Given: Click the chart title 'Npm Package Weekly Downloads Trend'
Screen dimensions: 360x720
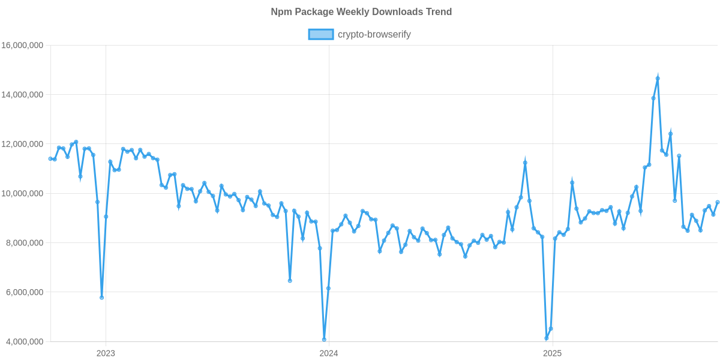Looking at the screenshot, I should point(361,12).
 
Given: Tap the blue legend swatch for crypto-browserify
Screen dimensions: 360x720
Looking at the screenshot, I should point(320,35).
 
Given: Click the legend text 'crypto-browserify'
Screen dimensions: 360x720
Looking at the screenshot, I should point(374,35).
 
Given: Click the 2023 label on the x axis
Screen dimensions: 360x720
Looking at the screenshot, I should point(106,353).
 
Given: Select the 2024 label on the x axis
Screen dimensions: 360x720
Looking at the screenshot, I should point(328,353).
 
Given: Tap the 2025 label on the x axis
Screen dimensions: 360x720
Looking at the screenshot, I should point(552,353).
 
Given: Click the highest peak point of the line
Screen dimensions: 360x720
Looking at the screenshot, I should point(658,77).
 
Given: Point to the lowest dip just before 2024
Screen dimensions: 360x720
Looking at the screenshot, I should point(324,340).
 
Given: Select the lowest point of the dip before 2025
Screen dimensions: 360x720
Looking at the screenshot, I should point(547,338).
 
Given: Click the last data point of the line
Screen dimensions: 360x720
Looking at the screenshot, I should point(717,202).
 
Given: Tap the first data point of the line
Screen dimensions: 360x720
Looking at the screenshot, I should point(50,158).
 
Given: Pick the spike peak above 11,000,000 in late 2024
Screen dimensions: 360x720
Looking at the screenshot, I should point(525,162).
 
